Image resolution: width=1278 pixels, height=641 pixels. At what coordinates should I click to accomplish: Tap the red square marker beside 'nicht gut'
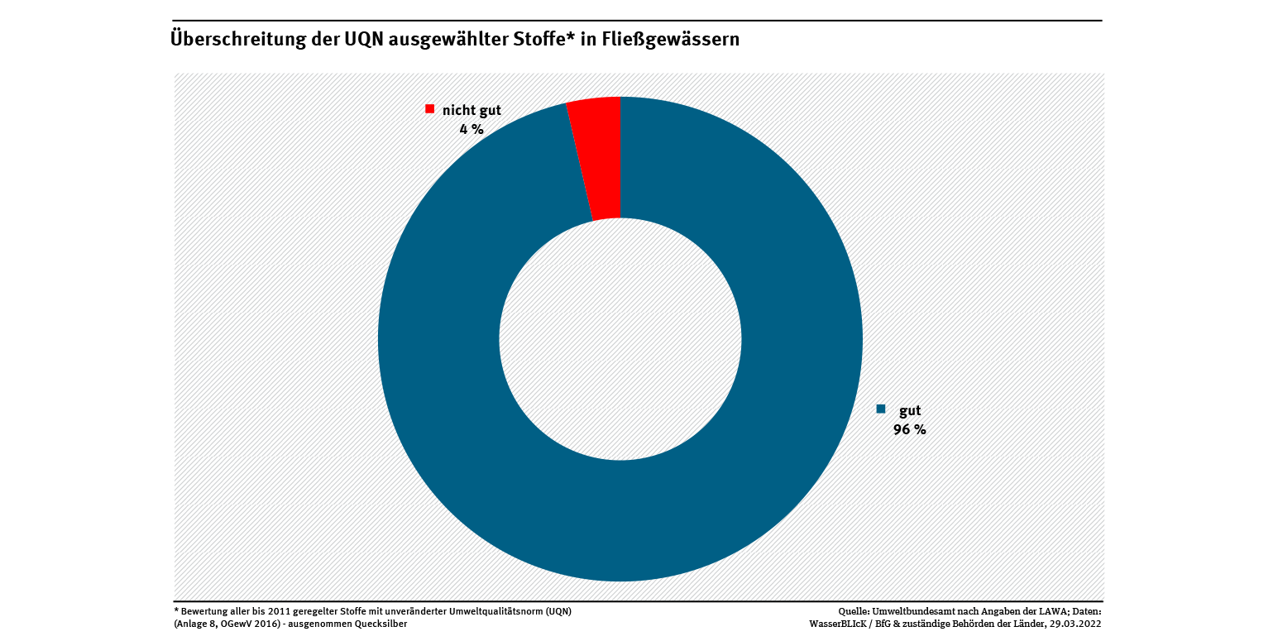pyautogui.click(x=429, y=109)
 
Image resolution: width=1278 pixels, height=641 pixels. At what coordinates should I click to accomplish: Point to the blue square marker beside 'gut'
pyautogui.click(x=881, y=409)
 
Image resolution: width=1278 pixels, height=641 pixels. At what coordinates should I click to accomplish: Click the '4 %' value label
pyautogui.click(x=471, y=129)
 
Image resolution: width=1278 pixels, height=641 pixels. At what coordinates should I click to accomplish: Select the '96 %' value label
pyautogui.click(x=909, y=429)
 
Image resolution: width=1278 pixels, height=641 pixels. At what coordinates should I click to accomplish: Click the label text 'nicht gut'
pyautogui.click(x=471, y=110)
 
